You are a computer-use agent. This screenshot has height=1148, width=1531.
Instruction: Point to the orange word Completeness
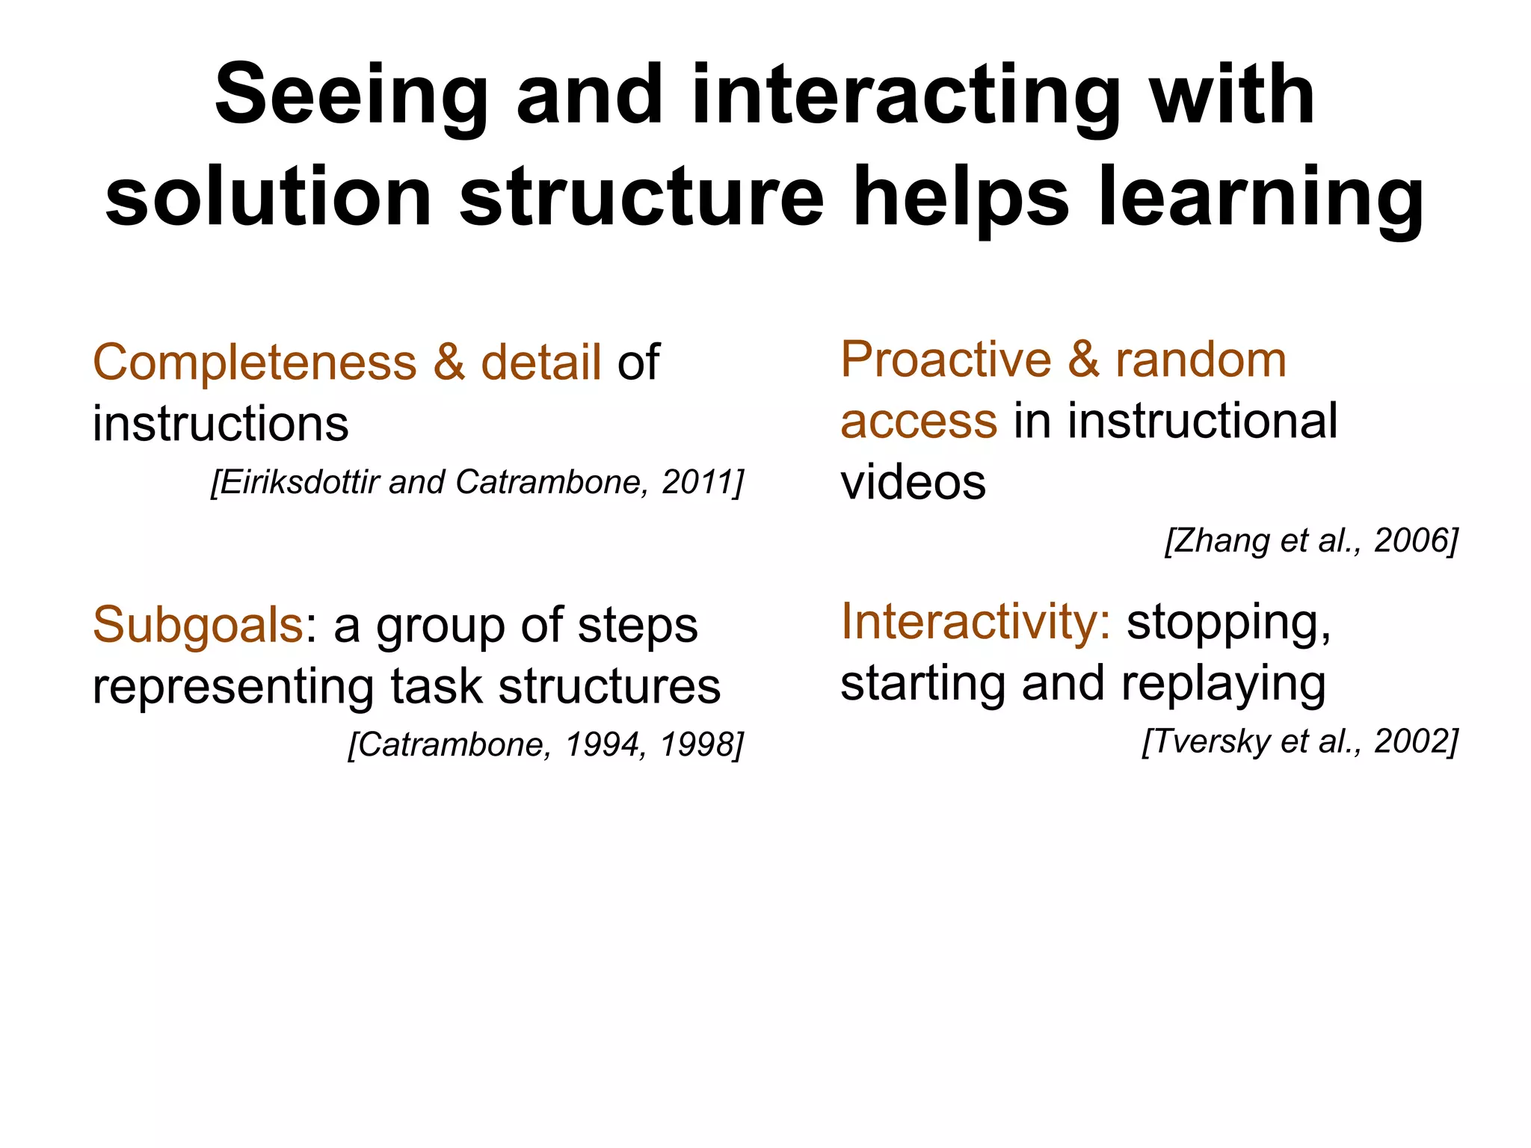pos(254,363)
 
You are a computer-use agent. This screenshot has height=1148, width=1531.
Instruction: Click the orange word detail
pos(540,363)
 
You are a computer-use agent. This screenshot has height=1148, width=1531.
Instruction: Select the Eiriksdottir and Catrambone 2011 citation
pos(477,482)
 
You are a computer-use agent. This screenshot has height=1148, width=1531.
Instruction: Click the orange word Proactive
pos(945,360)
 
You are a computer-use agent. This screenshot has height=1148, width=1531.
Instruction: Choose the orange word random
pos(1201,360)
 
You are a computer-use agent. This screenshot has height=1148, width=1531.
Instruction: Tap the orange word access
pos(919,421)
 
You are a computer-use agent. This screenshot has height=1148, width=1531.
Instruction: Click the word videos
pos(913,482)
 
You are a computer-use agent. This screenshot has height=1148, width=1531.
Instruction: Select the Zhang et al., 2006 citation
pos(1311,540)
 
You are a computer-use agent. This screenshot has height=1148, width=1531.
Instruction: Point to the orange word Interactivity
pos(975,622)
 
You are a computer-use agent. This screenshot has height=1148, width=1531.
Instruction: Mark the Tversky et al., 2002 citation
pos(1299,741)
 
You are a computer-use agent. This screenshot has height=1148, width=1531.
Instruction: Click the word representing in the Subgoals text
pos(232,686)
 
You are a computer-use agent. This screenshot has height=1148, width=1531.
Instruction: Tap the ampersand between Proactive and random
pos(1083,360)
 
